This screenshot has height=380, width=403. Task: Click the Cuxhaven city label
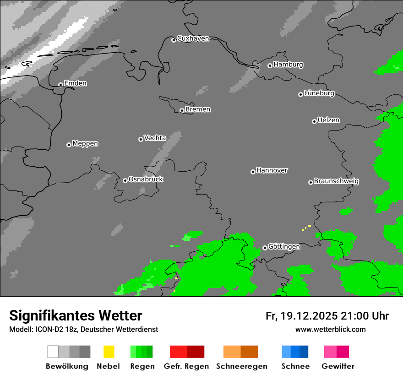coord(193,38)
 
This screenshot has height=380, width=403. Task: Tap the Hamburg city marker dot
coord(270,65)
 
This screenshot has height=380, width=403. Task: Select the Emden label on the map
coord(75,83)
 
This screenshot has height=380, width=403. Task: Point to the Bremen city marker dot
coord(182,110)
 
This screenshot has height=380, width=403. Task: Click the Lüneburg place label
coord(319,93)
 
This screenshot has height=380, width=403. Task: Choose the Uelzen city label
coord(328,120)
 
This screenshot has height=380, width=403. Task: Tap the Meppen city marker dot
coord(69,145)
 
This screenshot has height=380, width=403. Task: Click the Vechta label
coord(155,138)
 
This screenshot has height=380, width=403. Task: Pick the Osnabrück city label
coord(146,179)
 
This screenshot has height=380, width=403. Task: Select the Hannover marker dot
coord(253,172)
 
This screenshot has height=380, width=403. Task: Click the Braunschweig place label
coord(336,181)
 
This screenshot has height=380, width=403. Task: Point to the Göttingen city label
coord(284,247)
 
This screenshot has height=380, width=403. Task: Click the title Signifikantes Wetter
coord(76,315)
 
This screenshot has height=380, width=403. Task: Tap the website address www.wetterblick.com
coord(330,329)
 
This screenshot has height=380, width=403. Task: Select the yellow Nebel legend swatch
coord(109,352)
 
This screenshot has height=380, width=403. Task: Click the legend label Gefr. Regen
coord(186,366)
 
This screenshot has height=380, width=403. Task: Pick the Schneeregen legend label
coord(241,366)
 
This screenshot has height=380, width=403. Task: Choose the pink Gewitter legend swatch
coord(330,352)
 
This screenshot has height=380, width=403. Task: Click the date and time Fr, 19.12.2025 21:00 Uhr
coord(327,316)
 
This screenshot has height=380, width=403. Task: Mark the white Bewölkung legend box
coord(53,352)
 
